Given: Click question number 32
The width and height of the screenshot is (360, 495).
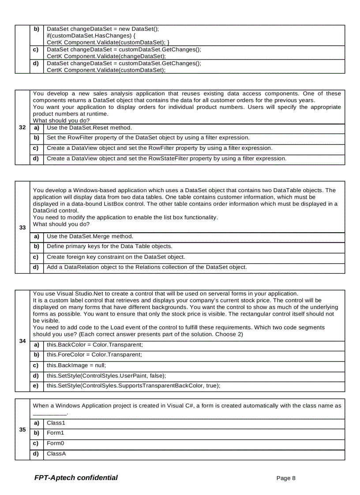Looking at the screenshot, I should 22,128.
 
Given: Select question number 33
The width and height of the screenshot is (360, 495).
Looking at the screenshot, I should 22,227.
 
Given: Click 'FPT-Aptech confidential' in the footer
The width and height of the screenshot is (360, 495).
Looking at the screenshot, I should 76,478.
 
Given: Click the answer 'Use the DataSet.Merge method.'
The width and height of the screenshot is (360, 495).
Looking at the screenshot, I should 90,236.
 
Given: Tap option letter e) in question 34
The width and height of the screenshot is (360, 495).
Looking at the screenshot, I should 36,385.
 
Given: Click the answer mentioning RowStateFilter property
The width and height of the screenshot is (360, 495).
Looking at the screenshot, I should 166,158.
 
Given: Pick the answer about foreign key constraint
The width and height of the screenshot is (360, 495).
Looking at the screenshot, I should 116,257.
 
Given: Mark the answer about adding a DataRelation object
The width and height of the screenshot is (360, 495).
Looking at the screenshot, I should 146,267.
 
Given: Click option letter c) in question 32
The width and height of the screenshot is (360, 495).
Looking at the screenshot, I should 36,148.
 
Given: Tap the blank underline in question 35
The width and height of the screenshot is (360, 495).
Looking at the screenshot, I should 50,413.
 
